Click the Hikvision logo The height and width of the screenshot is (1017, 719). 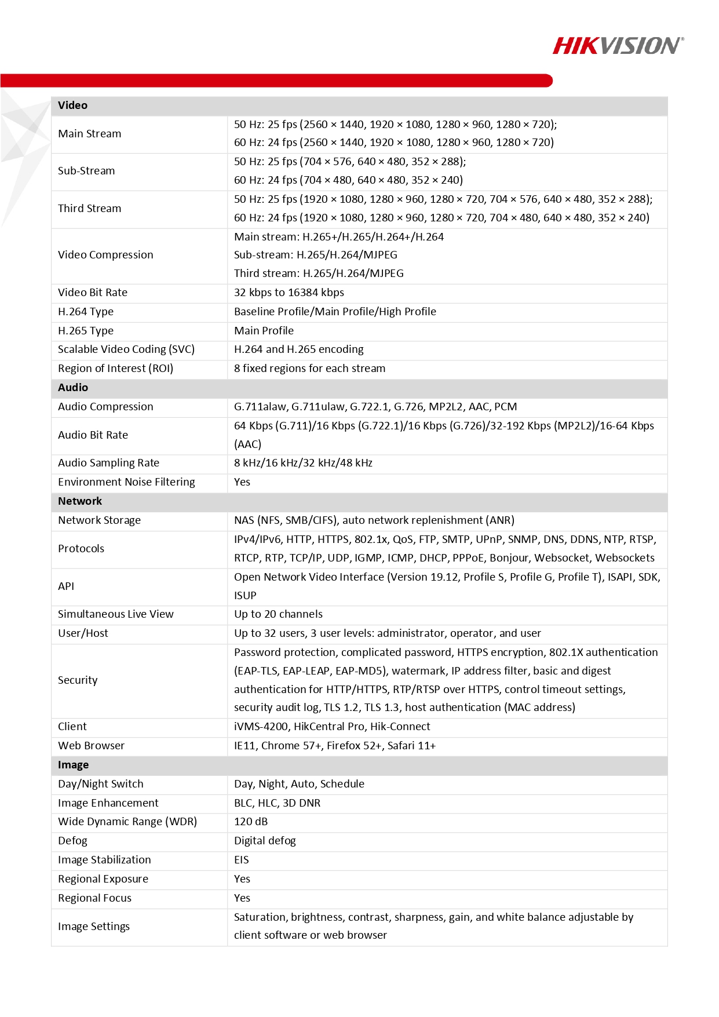pyautogui.click(x=618, y=46)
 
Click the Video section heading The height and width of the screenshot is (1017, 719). pyautogui.click(x=73, y=105)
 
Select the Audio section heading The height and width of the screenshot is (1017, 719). pyautogui.click(x=73, y=388)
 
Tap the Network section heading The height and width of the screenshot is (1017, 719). pyautogui.click(x=80, y=501)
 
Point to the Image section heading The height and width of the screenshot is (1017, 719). pyautogui.click(x=74, y=765)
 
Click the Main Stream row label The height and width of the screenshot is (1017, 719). pyautogui.click(x=90, y=134)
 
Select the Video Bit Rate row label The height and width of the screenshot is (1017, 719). pyautogui.click(x=93, y=293)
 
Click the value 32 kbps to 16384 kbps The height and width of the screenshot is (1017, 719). pyautogui.click(x=289, y=293)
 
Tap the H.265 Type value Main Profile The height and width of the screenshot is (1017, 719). pyautogui.click(x=264, y=331)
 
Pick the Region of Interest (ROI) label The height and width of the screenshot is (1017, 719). pyautogui.click(x=115, y=369)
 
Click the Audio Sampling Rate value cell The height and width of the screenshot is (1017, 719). pyautogui.click(x=303, y=463)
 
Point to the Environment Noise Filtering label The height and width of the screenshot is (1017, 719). pyautogui.click(x=126, y=482)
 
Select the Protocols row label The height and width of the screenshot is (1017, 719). pyautogui.click(x=81, y=549)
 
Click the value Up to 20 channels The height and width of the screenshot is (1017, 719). pyautogui.click(x=278, y=614)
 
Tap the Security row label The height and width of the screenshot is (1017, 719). pyautogui.click(x=78, y=680)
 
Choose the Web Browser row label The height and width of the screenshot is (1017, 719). pyautogui.click(x=91, y=746)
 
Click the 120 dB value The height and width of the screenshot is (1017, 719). pyautogui.click(x=251, y=822)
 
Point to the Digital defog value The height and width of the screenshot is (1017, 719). pyautogui.click(x=265, y=841)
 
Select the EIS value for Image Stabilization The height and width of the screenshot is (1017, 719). pyautogui.click(x=242, y=860)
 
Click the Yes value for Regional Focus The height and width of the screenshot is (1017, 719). pyautogui.click(x=242, y=898)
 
